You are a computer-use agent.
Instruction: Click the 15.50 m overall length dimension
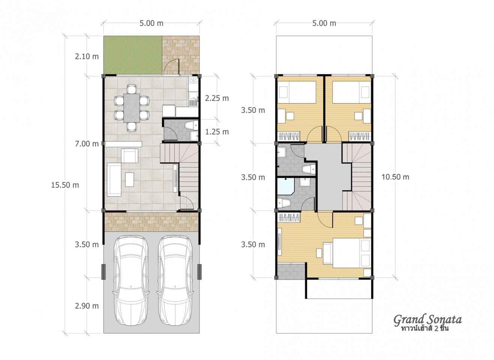65,185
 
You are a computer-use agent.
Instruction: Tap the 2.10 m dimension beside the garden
87,57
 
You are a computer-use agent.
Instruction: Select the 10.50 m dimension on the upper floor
395,177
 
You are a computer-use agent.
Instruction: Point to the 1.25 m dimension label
217,132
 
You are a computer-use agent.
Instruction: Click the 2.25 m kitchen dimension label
217,98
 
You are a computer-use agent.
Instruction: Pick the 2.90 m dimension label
87,306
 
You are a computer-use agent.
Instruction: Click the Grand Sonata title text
428,319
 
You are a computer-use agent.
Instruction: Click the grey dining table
132,108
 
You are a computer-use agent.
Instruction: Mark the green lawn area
133,55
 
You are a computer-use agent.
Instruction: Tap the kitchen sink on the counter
194,96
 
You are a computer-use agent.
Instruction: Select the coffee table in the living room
129,180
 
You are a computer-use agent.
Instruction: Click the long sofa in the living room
114,180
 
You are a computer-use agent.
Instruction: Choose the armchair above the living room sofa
130,156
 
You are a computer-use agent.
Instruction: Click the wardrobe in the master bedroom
289,217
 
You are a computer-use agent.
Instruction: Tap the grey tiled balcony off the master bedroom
291,271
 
